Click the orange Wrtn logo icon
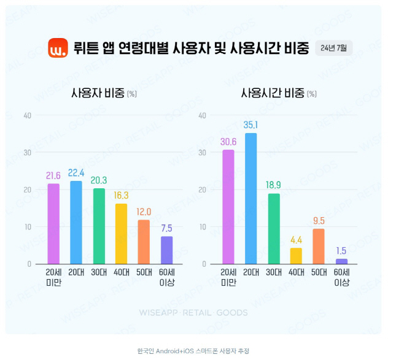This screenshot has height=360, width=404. (58, 48)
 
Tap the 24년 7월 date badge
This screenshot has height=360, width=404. (334, 48)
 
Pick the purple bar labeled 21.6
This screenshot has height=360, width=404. (53, 223)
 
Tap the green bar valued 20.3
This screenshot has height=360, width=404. (99, 226)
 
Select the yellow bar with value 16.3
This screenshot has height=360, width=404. (122, 234)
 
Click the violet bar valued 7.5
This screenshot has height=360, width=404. (166, 250)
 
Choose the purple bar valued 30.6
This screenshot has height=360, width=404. (228, 207)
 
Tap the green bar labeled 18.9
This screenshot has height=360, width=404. (274, 229)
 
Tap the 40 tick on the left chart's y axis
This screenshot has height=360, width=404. (27, 115)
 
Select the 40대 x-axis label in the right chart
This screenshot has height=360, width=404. (297, 272)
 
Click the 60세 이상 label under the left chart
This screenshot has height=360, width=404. (166, 277)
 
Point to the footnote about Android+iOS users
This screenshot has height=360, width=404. (193, 351)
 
